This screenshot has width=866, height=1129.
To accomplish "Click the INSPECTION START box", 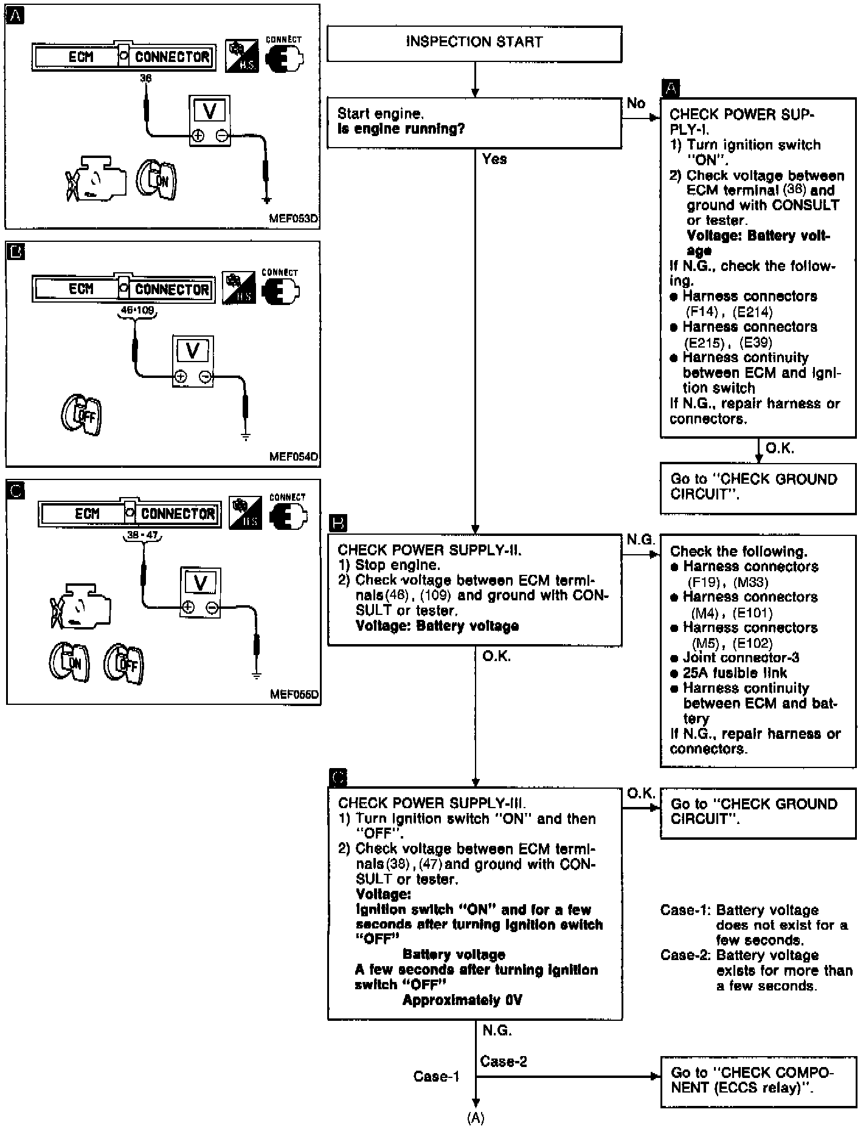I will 474,43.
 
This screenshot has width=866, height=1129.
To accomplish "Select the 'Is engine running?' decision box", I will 474,123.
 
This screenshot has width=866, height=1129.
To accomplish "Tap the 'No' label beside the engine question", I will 636,103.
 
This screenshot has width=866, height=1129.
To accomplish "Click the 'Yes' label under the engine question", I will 494,159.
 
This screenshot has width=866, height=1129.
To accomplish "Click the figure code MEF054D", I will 294,456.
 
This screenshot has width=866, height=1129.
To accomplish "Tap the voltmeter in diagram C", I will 200,592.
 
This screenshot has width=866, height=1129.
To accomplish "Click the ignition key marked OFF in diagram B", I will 81,416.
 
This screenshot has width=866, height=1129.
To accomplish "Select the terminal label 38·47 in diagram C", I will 142,535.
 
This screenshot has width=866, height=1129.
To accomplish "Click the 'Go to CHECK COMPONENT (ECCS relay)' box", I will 758,1080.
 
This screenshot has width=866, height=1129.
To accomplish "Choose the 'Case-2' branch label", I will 503,1062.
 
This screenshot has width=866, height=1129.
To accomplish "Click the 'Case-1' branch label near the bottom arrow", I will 437,1077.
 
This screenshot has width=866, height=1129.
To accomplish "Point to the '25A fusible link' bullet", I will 734,673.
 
